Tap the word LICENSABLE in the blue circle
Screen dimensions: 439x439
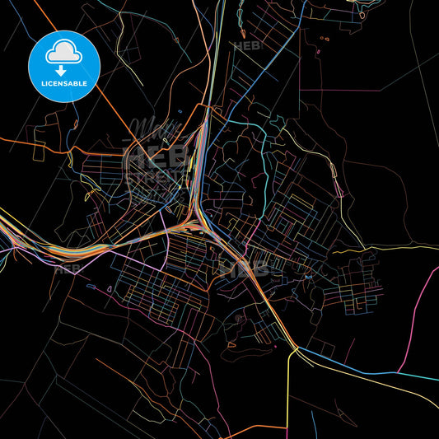coord(63,84)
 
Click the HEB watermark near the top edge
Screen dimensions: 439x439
coord(248,47)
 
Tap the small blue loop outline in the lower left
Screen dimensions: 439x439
coord(91,287)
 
